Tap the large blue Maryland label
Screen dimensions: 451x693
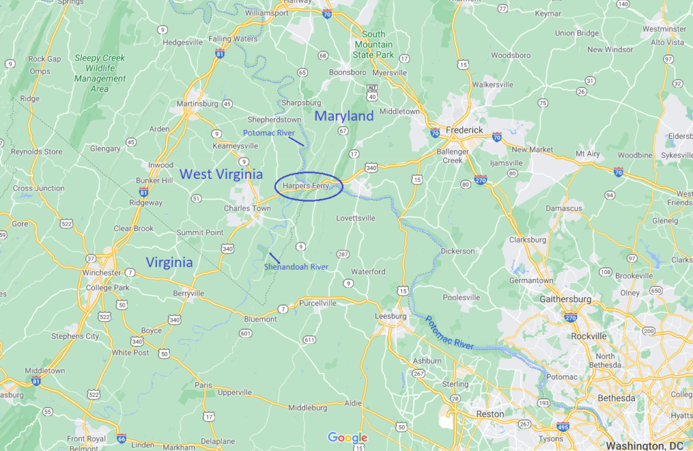(344, 116)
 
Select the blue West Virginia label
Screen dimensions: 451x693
(221, 175)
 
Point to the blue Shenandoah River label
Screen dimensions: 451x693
(296, 267)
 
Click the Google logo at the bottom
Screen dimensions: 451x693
(347, 438)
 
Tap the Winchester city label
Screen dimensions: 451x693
(102, 272)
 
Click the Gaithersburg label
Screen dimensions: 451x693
(565, 299)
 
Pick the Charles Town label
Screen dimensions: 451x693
(247, 209)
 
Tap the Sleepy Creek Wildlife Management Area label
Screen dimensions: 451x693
(100, 73)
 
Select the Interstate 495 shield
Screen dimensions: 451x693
(563, 427)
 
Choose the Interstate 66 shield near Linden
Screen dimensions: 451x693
(121, 438)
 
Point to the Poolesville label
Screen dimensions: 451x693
(461, 297)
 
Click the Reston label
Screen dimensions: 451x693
(490, 414)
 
